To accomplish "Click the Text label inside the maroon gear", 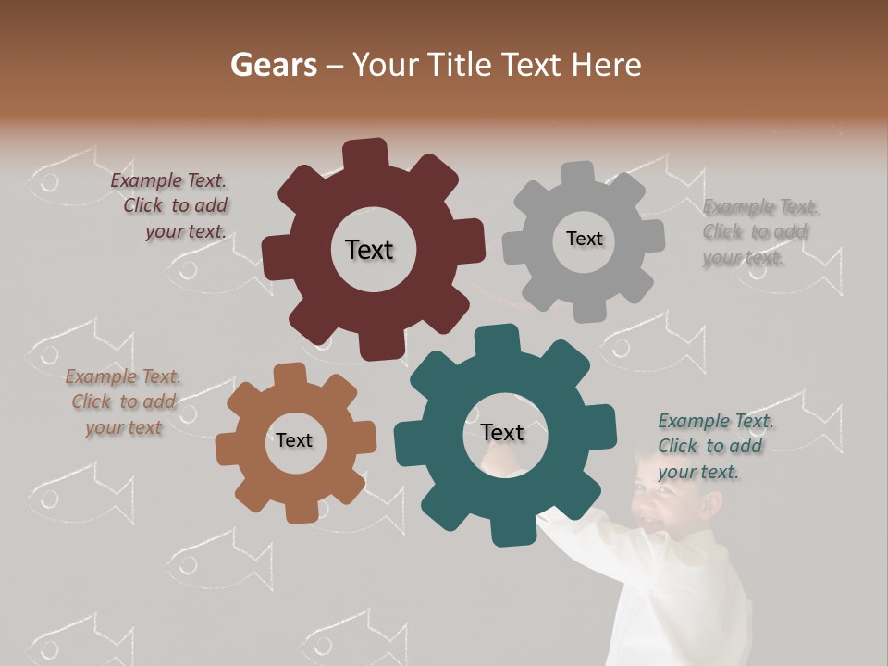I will pyautogui.click(x=369, y=250).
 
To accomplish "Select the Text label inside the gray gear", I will pyautogui.click(x=584, y=239).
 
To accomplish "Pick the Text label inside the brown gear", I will pyautogui.click(x=294, y=440).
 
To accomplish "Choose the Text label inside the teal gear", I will pyautogui.click(x=502, y=432).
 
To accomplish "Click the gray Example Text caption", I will pyautogui.click(x=758, y=232).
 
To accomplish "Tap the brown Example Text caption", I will pyautogui.click(x=123, y=401).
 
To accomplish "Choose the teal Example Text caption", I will pyautogui.click(x=714, y=446).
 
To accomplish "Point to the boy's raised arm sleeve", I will pyautogui.click(x=592, y=546).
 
